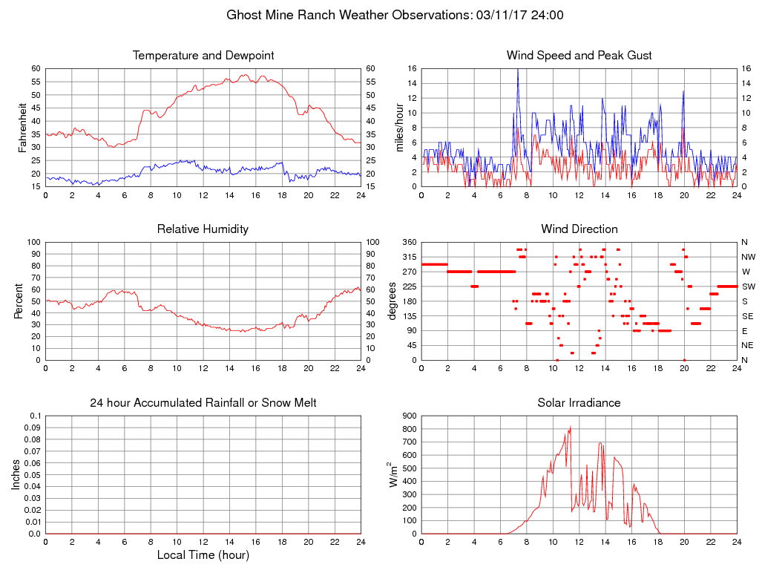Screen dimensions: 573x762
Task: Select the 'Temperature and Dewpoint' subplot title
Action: pos(203,56)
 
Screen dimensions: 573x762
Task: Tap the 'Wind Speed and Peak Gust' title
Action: pos(579,56)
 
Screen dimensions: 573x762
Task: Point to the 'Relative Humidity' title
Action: pos(203,229)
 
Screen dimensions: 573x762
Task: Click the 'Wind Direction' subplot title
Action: pos(579,229)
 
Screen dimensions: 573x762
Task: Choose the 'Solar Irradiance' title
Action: pos(579,403)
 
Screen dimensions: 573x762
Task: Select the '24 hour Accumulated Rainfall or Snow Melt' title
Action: pos(203,403)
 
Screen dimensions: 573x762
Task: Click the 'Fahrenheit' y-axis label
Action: pos(23,127)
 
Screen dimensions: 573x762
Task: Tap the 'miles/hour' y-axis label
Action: pos(399,127)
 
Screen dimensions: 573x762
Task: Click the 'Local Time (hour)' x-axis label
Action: pos(203,555)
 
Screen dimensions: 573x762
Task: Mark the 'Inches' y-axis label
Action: pos(17,475)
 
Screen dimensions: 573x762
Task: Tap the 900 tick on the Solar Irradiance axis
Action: pos(410,416)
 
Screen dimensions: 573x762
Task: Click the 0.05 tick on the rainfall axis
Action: pos(33,475)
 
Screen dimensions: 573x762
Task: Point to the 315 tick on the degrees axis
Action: pos(410,257)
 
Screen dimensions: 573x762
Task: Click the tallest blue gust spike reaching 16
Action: pos(518,70)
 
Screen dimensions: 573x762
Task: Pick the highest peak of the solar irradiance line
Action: pos(570,427)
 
